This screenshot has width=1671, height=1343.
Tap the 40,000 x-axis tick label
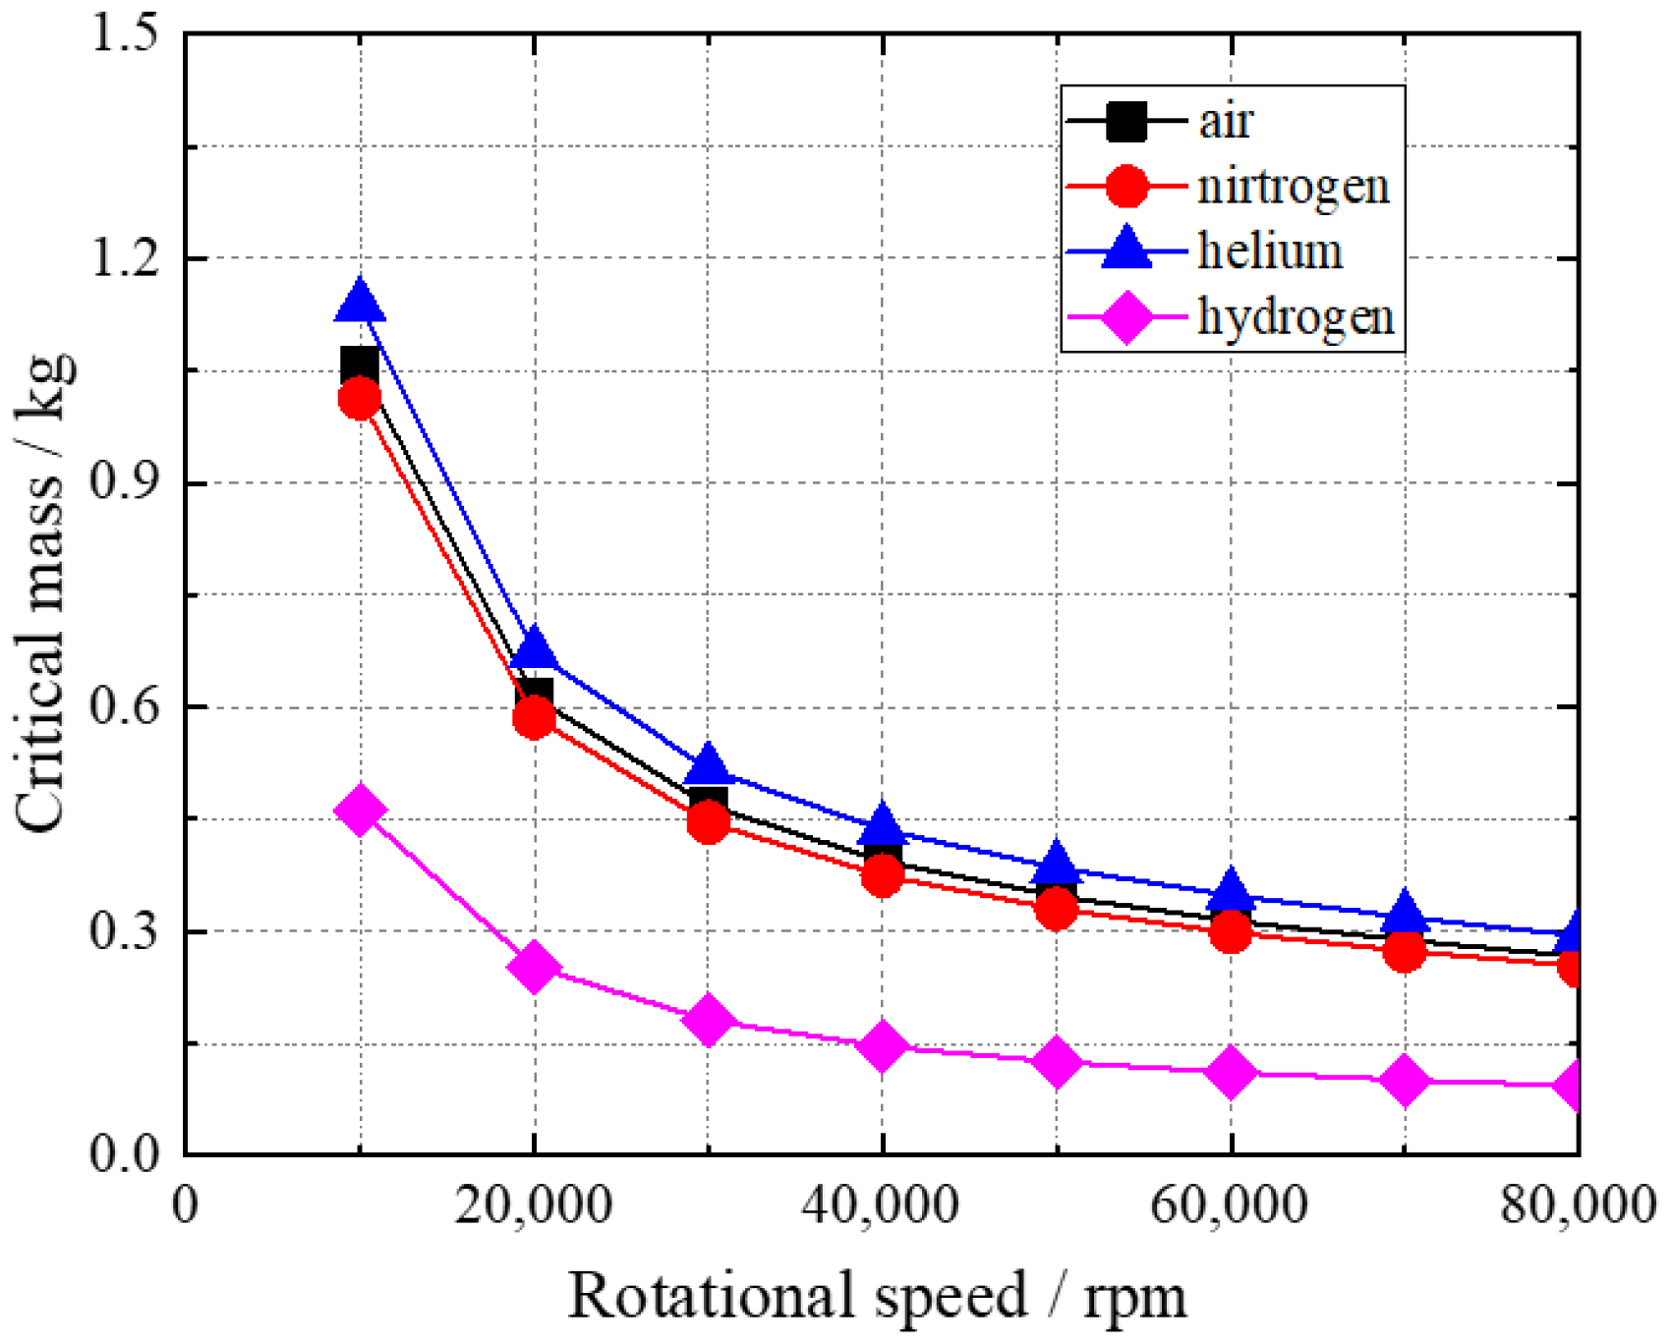pyautogui.click(x=881, y=1204)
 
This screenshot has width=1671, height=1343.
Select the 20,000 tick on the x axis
pyautogui.click(x=533, y=1204)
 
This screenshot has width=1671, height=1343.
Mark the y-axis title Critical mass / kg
pyautogui.click(x=44, y=593)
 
